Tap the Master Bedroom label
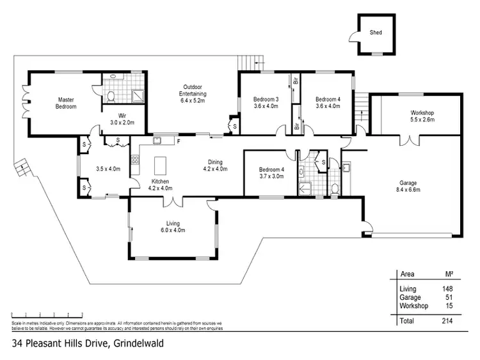[67, 103]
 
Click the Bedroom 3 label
[266, 103]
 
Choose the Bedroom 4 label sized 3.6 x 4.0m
[328, 103]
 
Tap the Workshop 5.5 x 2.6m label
[422, 116]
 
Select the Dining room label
[215, 166]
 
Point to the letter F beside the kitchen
[179, 141]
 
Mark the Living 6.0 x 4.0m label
[172, 226]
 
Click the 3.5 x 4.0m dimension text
[108, 169]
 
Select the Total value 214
[447, 320]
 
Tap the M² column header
[449, 274]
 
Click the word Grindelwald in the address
[139, 343]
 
